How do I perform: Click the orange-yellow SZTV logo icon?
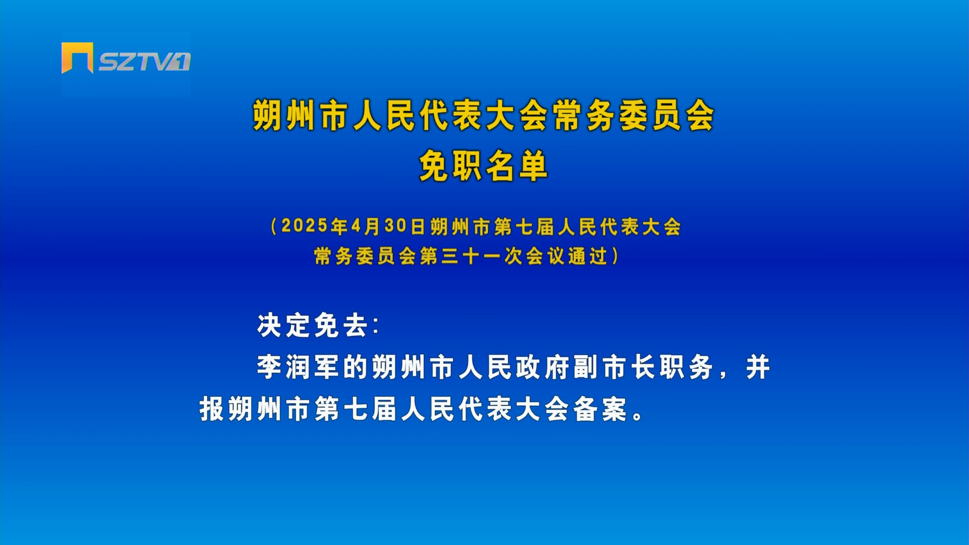coord(77,58)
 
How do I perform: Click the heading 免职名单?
coord(483,166)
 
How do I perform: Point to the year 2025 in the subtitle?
coord(305,226)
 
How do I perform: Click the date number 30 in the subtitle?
coord(396,226)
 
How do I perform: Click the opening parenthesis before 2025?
coord(274,227)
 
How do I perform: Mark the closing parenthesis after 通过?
coord(615,256)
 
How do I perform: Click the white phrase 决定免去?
coord(312,325)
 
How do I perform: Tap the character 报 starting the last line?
coord(212,409)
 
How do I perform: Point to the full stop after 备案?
coord(638,415)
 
